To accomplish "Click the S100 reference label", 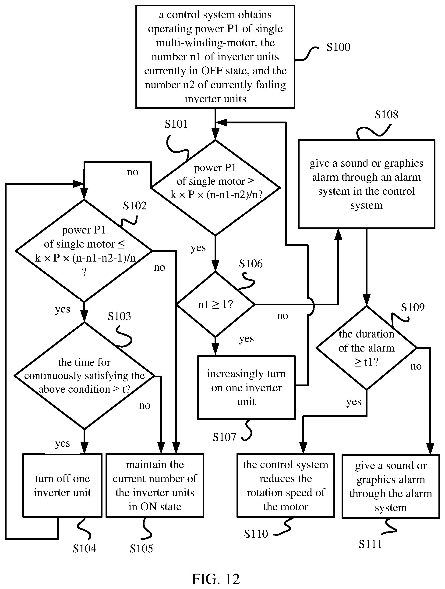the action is (338, 47).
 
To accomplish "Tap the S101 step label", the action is (176, 124).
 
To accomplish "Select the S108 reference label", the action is (386, 115).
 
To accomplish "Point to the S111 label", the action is (370, 544).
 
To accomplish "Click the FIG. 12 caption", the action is (216, 579).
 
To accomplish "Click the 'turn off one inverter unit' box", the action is (63, 485).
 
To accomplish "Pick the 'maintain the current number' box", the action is (155, 485).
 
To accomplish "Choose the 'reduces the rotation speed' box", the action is (286, 485).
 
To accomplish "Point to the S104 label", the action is (84, 549).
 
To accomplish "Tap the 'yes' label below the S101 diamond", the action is (198, 248).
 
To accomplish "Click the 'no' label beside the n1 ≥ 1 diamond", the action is (283, 316).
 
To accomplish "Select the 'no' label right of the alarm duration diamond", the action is (416, 366).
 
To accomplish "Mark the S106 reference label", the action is (251, 264).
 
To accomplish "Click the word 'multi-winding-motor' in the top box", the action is (215, 43).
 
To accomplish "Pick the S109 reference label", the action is (413, 308).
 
